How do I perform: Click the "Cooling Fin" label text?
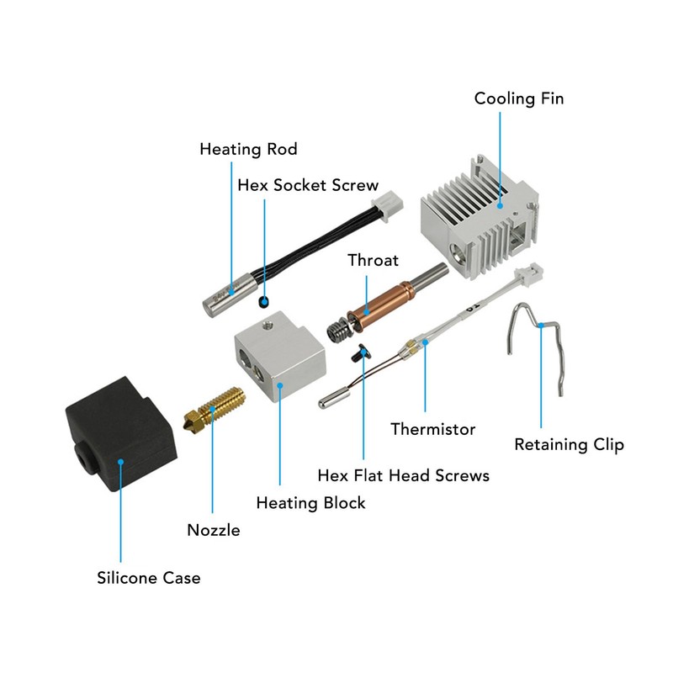[x=518, y=98]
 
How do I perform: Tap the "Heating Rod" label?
[x=248, y=150]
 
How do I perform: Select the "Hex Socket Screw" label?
[x=308, y=185]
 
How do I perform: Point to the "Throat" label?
[x=373, y=261]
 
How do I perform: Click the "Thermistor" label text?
[x=432, y=430]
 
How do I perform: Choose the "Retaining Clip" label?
[x=569, y=445]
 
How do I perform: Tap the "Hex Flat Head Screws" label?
[x=403, y=475]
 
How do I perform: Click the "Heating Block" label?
[x=310, y=503]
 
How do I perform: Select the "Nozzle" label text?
[x=213, y=530]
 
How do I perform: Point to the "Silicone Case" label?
[x=148, y=578]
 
